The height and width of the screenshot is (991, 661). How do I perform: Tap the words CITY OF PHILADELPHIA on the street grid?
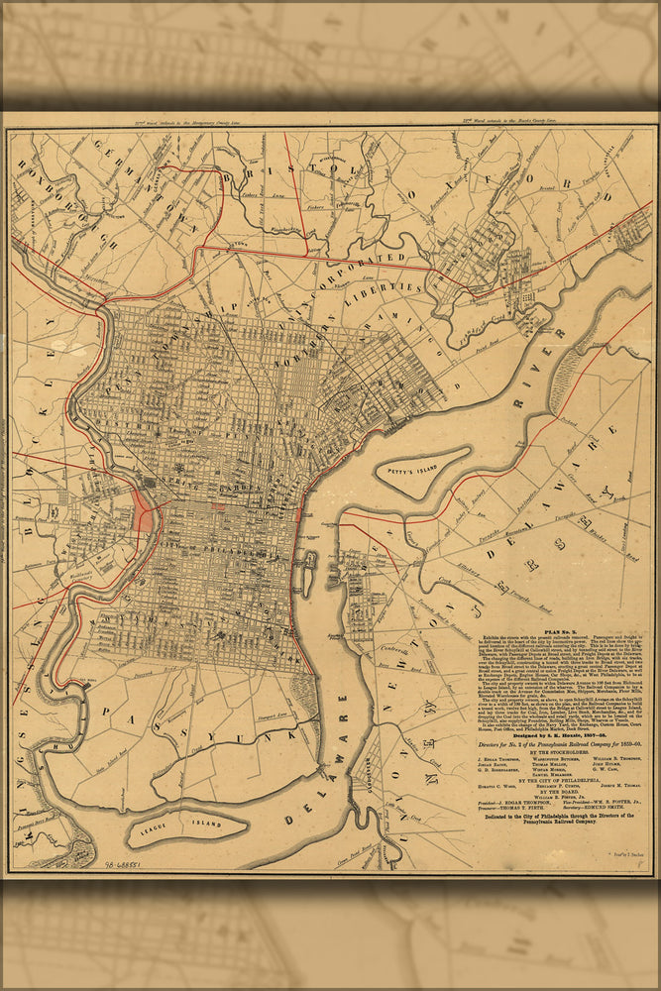click(x=213, y=547)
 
